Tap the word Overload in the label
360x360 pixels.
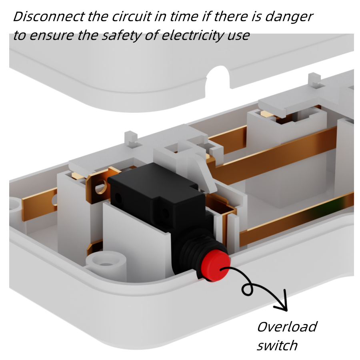coord(286,327)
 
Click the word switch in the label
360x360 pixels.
coord(277,345)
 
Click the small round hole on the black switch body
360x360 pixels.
coord(118,197)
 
